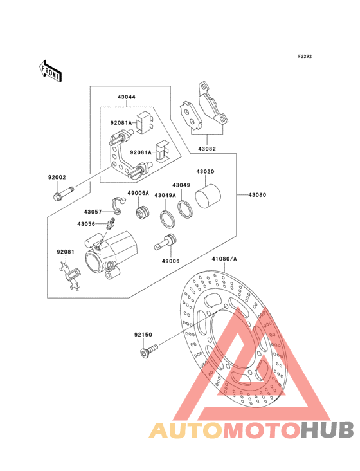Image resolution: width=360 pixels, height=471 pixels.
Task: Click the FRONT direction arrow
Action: point(50,71)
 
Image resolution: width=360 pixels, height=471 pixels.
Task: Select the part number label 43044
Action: point(126,97)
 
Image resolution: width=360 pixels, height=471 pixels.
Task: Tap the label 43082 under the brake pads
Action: point(207,149)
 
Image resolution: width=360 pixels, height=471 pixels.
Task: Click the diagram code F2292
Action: point(305,56)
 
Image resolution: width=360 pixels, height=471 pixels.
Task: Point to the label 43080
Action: point(257,195)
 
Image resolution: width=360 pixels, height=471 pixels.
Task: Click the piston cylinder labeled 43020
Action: point(208,196)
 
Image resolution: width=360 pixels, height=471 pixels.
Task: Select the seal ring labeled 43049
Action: point(184,209)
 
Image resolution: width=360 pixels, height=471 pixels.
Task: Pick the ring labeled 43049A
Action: point(167,220)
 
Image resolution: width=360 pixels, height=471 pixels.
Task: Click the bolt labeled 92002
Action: point(64,194)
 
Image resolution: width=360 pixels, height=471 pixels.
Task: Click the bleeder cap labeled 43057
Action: point(118,206)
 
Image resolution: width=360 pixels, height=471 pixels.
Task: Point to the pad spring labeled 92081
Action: point(71,276)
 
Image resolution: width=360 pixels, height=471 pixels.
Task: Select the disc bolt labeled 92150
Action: point(149,351)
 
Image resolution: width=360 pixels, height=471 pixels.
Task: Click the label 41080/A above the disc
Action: point(224,259)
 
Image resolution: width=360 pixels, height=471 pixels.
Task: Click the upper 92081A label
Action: point(122,122)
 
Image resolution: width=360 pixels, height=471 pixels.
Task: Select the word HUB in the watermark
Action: point(327,430)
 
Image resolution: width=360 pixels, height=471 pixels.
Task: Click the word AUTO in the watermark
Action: point(186,430)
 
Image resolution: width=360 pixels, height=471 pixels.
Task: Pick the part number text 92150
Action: point(143,335)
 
